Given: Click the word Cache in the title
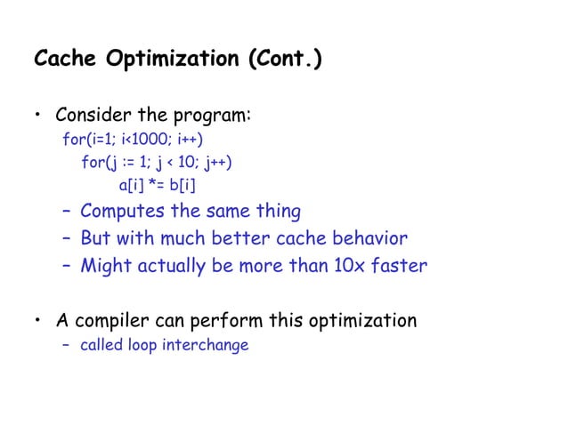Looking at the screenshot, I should pyautogui.click(x=65, y=60).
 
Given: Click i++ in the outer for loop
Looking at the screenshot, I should pyautogui.click(x=189, y=140).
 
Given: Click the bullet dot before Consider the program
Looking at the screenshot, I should pyautogui.click(x=38, y=117).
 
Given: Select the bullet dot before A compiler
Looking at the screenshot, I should pyautogui.click(x=38, y=321).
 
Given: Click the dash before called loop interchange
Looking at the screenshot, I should pyautogui.click(x=67, y=345).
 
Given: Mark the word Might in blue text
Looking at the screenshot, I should pyautogui.click(x=104, y=266).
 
